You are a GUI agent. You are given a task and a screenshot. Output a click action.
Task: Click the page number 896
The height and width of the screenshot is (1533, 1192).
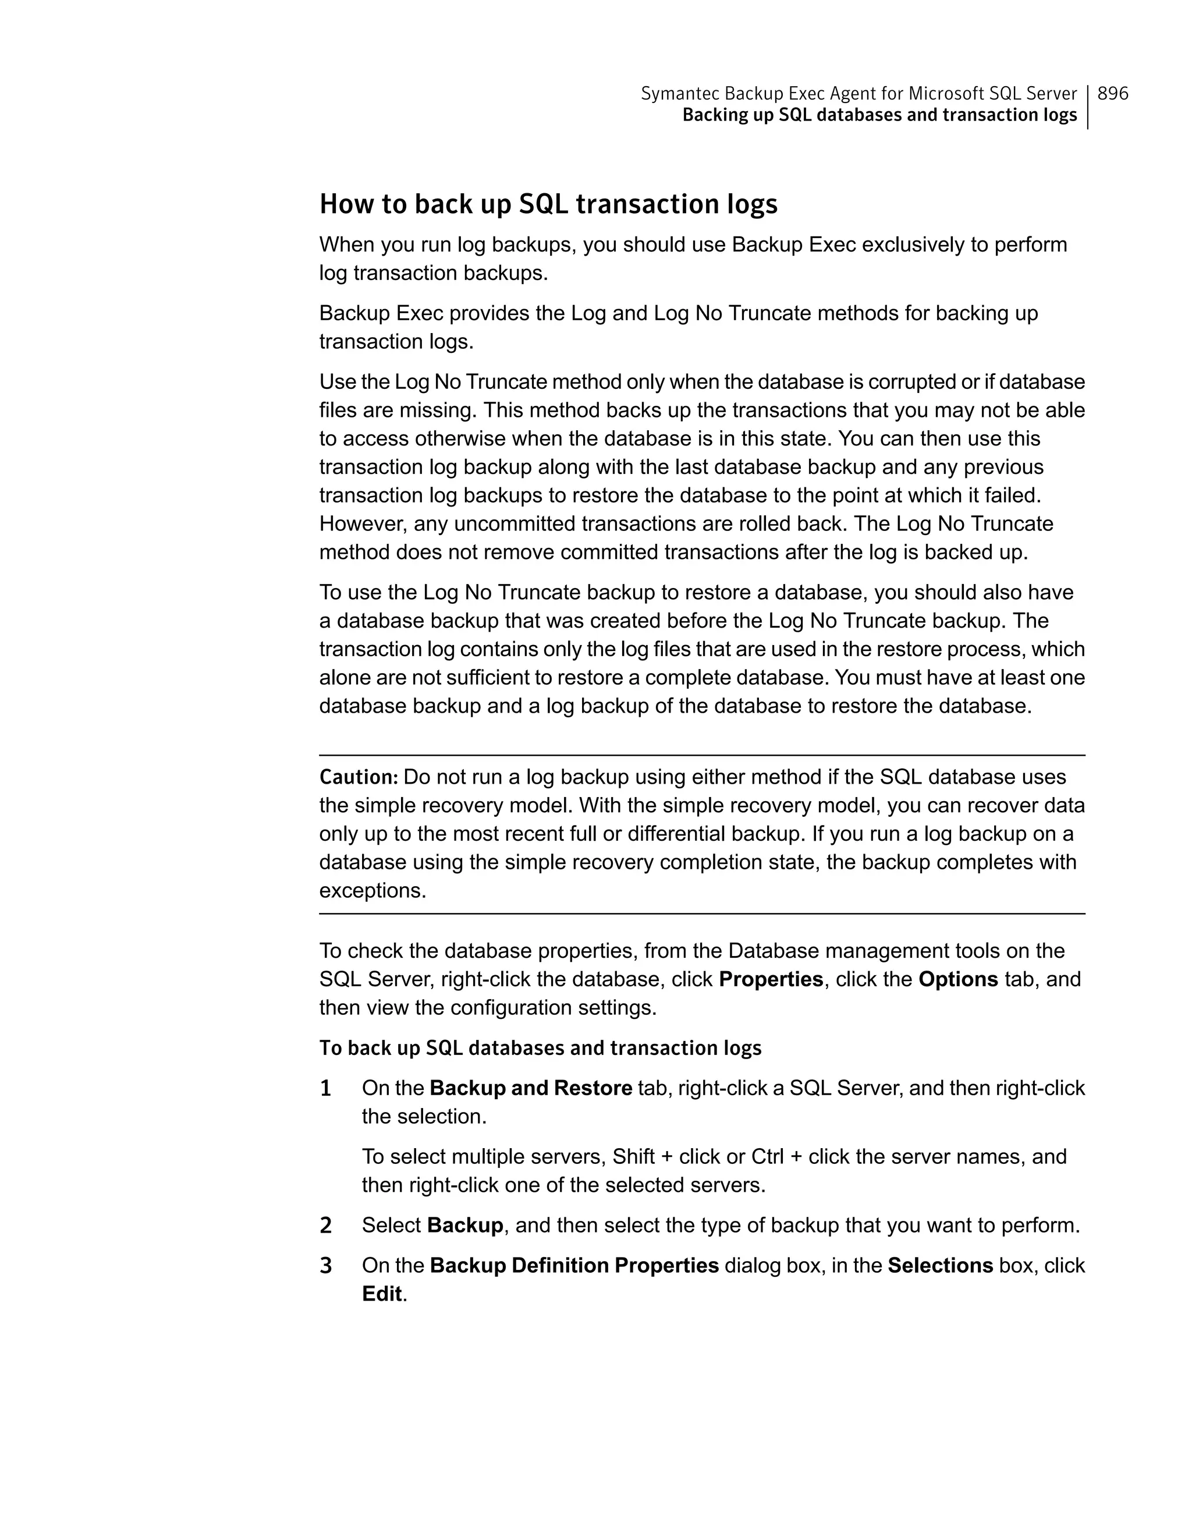tap(1113, 93)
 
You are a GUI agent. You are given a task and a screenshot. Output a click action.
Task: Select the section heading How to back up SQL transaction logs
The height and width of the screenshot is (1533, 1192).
tap(548, 204)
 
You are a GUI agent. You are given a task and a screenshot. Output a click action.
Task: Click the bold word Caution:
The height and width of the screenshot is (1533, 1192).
tap(359, 777)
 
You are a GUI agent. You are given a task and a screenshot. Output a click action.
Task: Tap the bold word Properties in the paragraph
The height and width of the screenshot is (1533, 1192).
tap(771, 979)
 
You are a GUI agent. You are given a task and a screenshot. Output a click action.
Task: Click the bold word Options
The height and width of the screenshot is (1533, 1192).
tap(957, 979)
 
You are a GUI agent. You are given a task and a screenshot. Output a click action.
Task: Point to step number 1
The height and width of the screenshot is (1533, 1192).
tap(325, 1089)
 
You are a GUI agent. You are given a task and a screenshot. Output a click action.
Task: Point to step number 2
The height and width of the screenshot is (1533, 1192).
tap(325, 1226)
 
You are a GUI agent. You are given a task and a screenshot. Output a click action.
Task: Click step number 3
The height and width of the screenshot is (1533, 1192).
tap(325, 1266)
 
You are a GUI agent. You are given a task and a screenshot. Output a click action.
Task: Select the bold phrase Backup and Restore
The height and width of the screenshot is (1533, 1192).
tap(530, 1088)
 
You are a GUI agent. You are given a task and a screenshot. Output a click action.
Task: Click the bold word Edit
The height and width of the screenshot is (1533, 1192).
tap(382, 1294)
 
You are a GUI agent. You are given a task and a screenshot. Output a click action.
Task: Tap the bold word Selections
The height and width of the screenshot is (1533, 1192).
tap(940, 1266)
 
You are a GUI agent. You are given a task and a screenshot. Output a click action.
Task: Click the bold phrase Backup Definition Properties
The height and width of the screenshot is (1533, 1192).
tap(574, 1266)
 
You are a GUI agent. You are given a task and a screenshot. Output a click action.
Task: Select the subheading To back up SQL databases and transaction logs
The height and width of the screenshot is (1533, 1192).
tap(540, 1048)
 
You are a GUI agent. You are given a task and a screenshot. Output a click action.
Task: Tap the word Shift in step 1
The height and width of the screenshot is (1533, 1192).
tap(633, 1157)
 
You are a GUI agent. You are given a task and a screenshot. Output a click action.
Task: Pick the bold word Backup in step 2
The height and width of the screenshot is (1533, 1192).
tap(464, 1226)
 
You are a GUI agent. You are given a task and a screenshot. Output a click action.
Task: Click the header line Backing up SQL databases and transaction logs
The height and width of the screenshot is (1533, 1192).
tap(879, 115)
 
